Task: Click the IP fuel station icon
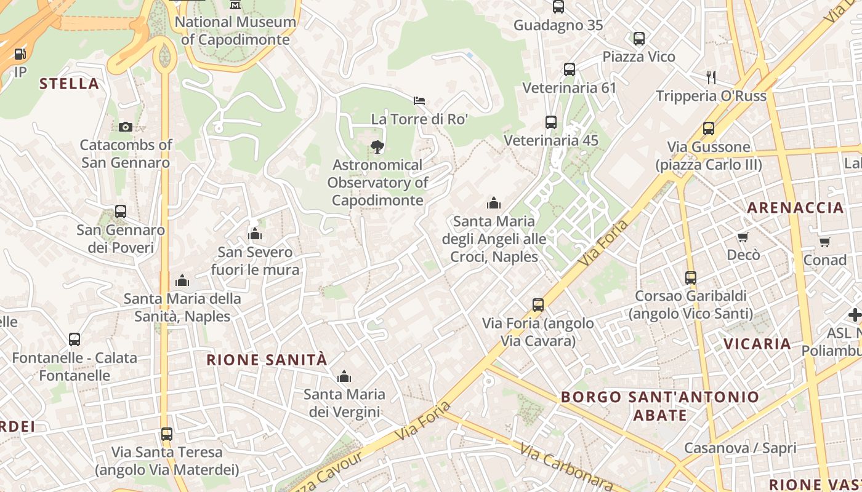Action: [20, 54]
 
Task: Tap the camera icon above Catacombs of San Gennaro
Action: [126, 127]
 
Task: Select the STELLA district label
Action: [69, 84]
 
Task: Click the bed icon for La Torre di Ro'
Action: [419, 100]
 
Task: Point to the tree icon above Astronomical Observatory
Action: [377, 146]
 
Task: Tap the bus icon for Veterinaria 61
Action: [570, 69]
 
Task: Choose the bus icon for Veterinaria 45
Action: [551, 122]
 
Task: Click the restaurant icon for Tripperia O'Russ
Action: [711, 77]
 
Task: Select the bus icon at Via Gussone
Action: [709, 129]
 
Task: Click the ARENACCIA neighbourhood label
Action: [796, 208]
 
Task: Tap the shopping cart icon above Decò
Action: [743, 237]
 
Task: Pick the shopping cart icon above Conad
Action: [824, 242]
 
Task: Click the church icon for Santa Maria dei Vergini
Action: [344, 376]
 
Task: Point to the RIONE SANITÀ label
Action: [267, 360]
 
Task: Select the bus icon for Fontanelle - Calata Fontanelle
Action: [75, 339]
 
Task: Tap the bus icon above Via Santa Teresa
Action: [167, 434]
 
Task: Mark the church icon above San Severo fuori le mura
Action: [255, 234]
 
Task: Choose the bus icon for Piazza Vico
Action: [639, 39]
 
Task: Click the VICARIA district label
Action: [757, 344]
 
